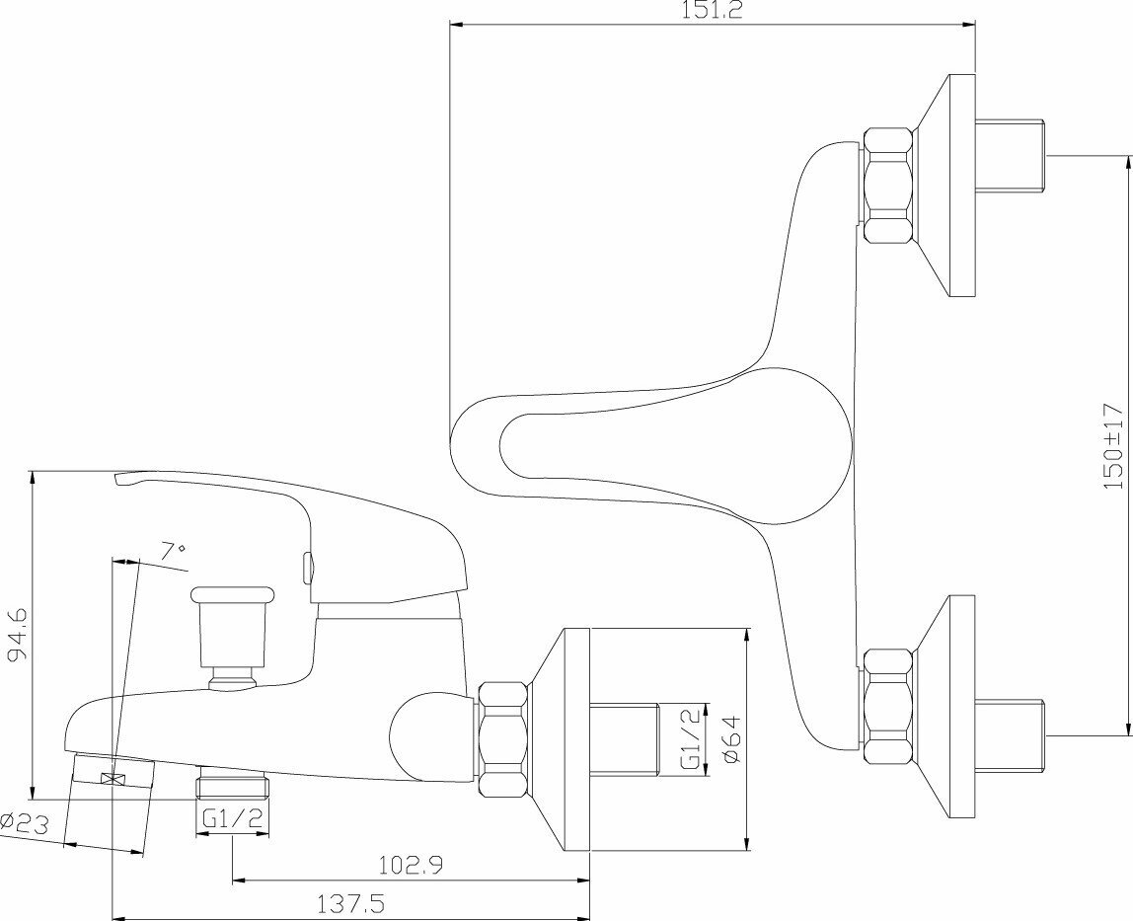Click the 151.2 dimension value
(713, 11)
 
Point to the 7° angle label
(173, 552)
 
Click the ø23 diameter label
(25, 822)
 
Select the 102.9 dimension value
(411, 864)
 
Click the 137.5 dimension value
(351, 903)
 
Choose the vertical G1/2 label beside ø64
(690, 737)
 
